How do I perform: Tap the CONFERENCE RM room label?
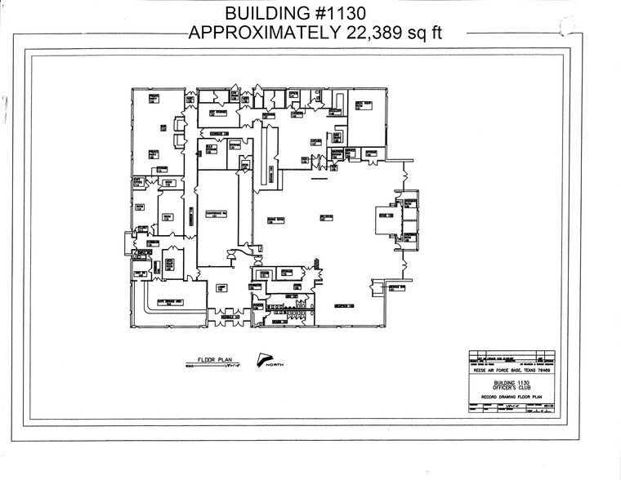tap(214, 215)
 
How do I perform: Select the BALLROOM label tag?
tap(327, 217)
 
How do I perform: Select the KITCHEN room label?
tap(315, 140)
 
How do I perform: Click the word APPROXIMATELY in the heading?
tap(262, 33)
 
